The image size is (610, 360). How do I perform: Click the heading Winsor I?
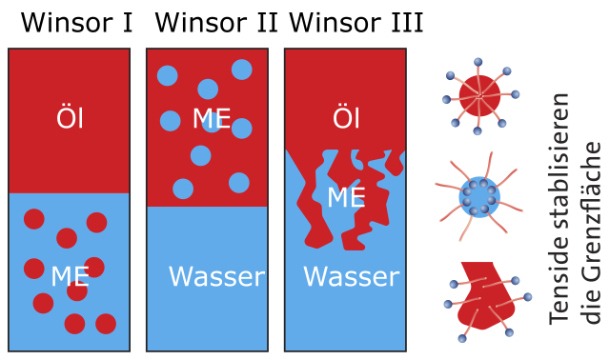click(x=75, y=22)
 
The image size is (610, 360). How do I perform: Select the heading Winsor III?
click(x=356, y=22)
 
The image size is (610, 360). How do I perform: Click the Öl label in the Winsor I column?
click(x=69, y=120)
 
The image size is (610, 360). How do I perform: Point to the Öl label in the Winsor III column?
click(x=346, y=119)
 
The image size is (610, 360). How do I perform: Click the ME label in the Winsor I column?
click(x=70, y=276)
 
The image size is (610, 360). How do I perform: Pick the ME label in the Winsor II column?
click(x=212, y=119)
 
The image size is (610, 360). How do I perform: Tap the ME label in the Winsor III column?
click(x=346, y=197)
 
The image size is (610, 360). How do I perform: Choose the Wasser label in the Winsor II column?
click(x=215, y=277)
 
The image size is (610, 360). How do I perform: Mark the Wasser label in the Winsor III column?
click(x=351, y=277)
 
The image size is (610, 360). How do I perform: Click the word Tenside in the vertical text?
click(x=562, y=290)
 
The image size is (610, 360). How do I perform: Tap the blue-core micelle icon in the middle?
click(x=479, y=195)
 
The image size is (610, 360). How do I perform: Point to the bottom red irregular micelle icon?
click(x=481, y=297)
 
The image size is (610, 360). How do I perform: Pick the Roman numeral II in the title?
click(x=265, y=22)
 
